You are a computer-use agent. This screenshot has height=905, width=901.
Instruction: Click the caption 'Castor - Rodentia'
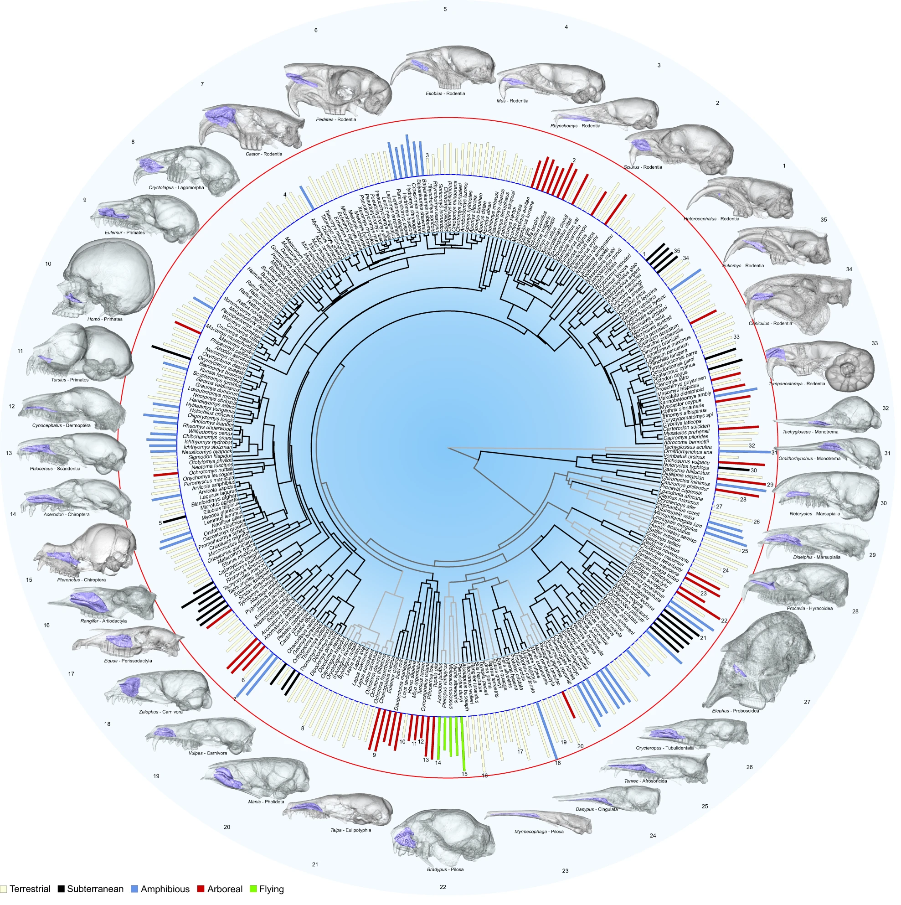[264, 154]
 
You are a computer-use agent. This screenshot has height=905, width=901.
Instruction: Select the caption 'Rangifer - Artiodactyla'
[103, 621]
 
